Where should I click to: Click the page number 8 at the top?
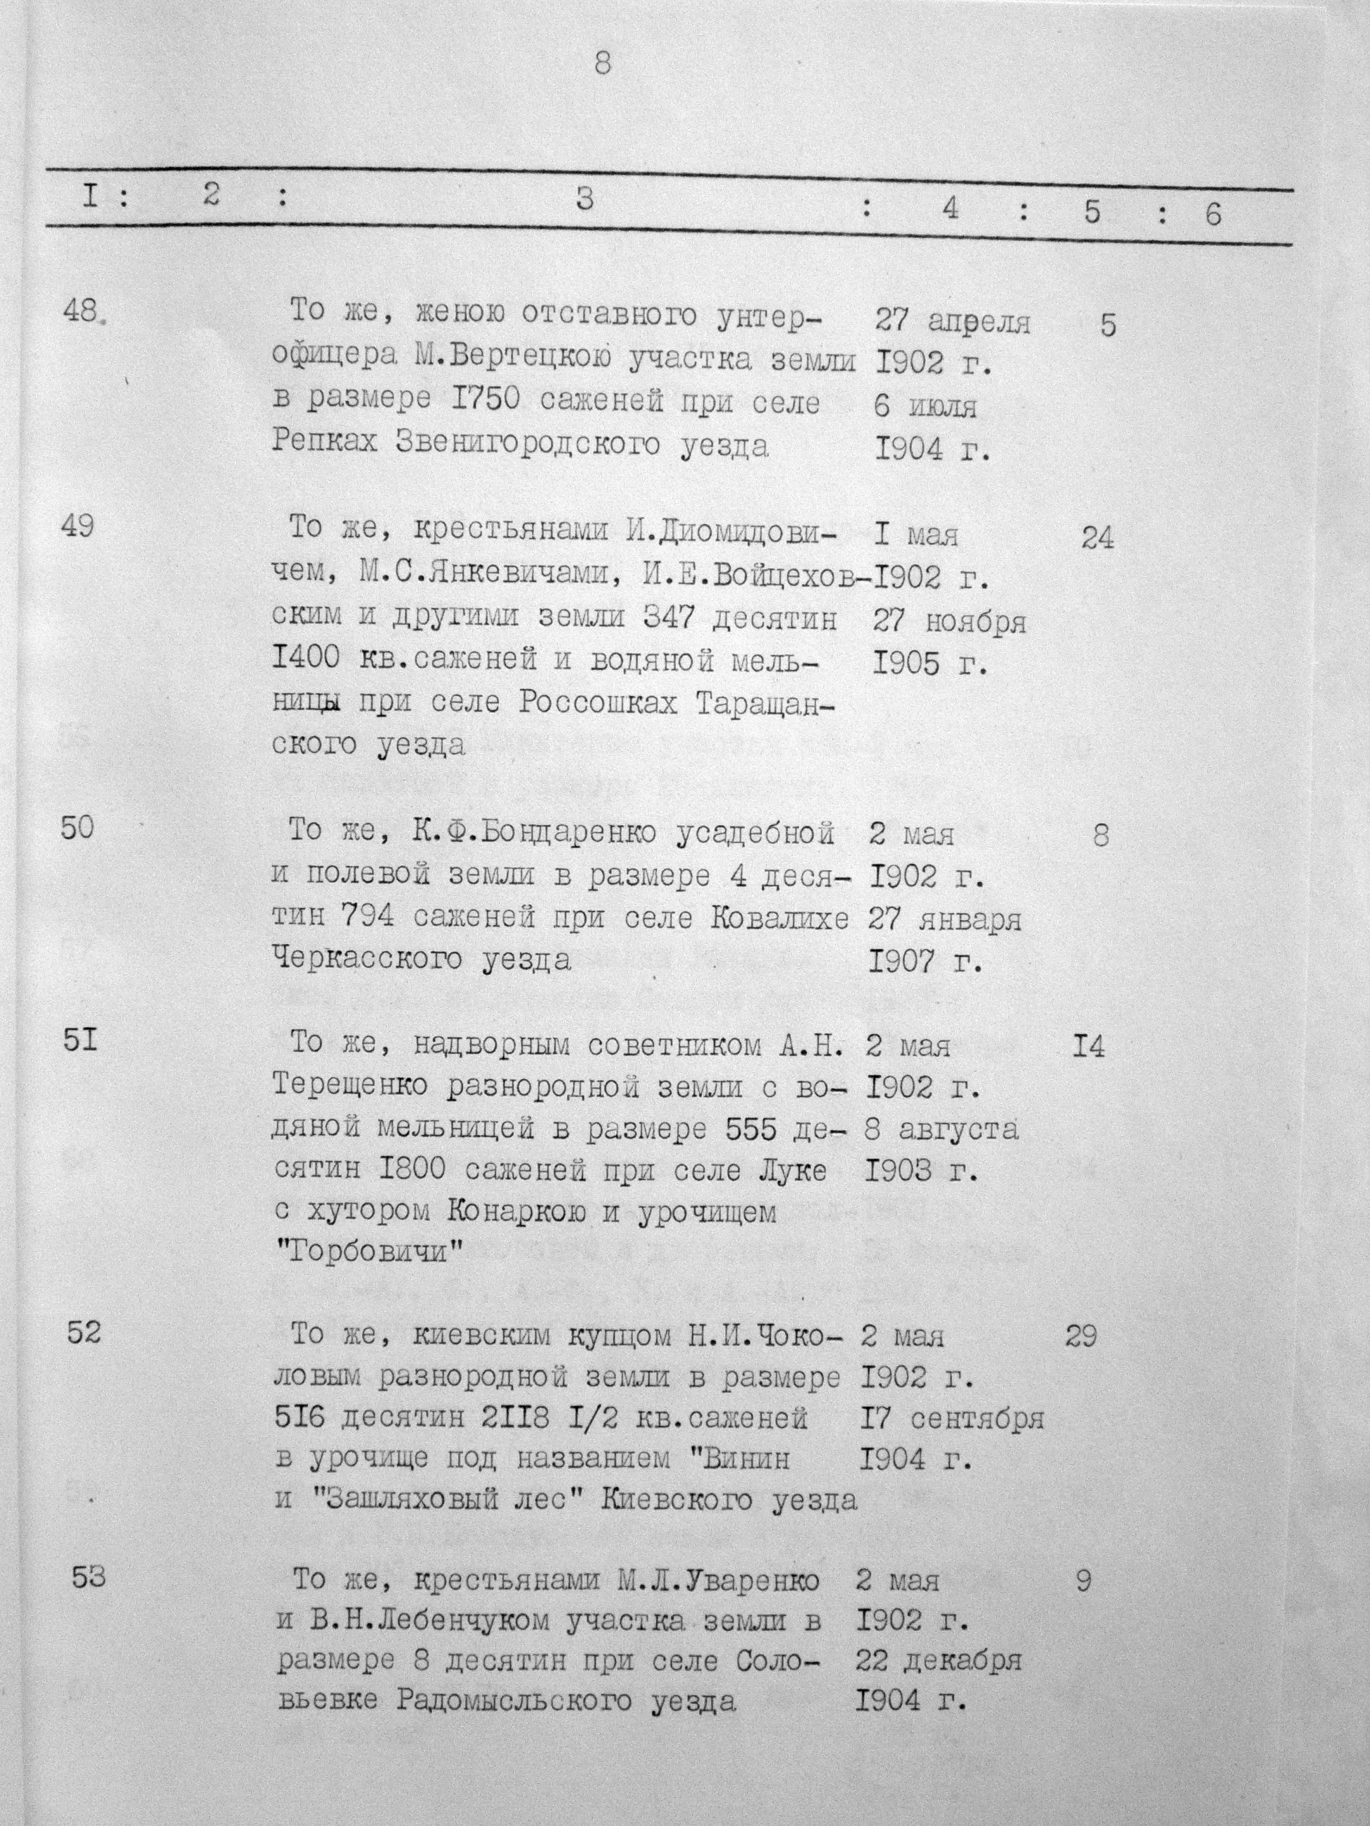coord(603,63)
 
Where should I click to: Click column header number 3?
coord(585,199)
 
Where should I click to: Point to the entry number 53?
coord(88,1577)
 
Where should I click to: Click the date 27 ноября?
coord(950,621)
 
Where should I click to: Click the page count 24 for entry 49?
coord(1097,538)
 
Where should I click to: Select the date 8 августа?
coord(942,1129)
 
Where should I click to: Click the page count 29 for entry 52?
coord(1081,1336)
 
